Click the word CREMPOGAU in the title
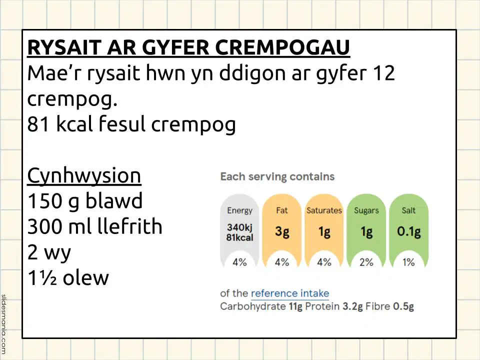click(x=282, y=47)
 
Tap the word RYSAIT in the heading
click(x=64, y=47)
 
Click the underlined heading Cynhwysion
click(x=84, y=176)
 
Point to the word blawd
click(x=114, y=201)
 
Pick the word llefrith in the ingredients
click(x=129, y=226)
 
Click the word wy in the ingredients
click(x=57, y=253)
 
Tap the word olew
click(x=85, y=277)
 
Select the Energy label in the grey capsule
click(x=239, y=211)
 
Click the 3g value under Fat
click(x=282, y=231)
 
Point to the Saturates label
click(x=324, y=210)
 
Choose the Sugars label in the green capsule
click(x=366, y=211)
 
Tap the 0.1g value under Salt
click(x=408, y=231)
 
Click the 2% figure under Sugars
click(x=366, y=262)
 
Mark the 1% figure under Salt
click(x=408, y=262)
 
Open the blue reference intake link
click(x=290, y=293)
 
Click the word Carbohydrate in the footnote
click(x=253, y=306)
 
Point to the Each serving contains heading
click(x=277, y=176)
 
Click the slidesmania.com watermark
click(x=3, y=324)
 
